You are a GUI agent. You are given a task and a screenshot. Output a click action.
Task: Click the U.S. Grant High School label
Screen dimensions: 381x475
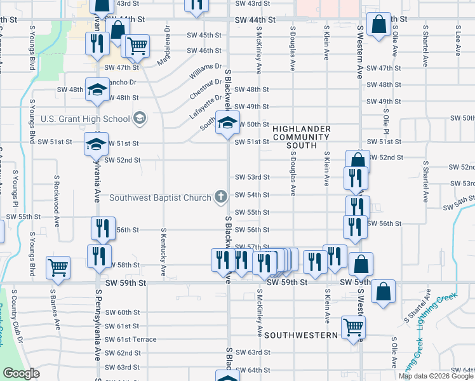(85, 119)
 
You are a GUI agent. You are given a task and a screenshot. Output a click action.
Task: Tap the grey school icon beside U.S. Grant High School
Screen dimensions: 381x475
(139, 118)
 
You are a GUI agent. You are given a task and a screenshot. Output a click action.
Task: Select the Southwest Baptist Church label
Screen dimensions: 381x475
(160, 197)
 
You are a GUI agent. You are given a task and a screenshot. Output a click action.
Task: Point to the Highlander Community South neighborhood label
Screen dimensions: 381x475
(301, 137)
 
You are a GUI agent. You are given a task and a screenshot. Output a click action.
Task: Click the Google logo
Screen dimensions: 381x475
(21, 373)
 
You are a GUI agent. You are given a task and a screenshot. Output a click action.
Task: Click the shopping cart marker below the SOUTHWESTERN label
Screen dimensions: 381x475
(354, 328)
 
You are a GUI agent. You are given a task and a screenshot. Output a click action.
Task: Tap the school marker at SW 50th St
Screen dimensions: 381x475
(225, 123)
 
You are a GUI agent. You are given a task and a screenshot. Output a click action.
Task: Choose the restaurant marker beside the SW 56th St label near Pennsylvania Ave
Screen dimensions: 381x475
(102, 228)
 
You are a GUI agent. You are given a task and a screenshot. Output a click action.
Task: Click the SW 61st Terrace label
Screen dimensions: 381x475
(131, 340)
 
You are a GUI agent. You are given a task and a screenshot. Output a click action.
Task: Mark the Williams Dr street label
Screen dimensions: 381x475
(205, 71)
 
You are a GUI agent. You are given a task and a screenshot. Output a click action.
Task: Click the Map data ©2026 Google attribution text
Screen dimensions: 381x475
(435, 376)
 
